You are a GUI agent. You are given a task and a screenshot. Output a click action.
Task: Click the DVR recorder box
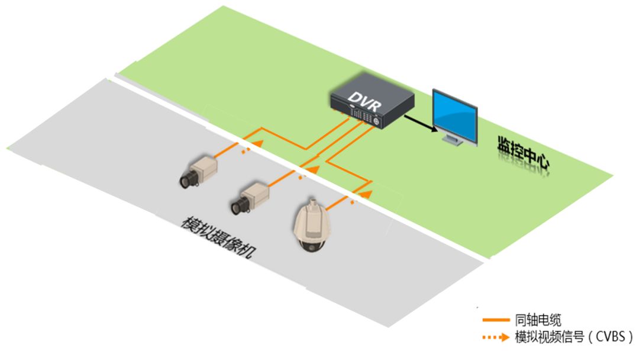coord(371,104)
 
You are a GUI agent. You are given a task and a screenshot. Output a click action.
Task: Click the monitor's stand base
coord(454,142)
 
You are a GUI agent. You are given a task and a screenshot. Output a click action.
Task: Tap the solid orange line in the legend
coord(496,320)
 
